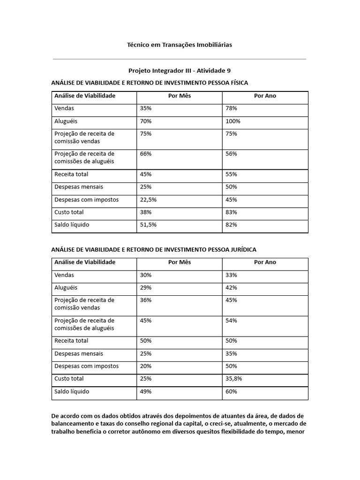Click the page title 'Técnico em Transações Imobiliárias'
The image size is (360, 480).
180,45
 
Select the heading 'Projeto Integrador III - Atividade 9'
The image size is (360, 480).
180,71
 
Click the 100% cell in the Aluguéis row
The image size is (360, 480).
233,121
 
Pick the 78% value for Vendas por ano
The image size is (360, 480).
231,108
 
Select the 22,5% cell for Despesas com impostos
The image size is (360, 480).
148,200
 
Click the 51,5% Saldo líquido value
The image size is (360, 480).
148,225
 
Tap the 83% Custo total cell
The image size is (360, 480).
231,212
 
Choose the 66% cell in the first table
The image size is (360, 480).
146,154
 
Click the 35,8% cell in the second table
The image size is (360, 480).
233,379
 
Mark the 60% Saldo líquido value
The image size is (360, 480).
231,391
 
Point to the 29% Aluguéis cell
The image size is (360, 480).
146,288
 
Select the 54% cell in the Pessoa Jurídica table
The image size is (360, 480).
231,321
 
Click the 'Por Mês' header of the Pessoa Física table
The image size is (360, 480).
180,96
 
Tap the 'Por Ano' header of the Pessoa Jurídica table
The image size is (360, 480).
265,262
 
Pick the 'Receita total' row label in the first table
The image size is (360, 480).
71,174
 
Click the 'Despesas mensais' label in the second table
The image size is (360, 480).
79,353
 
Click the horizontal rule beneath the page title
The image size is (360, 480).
180,59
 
